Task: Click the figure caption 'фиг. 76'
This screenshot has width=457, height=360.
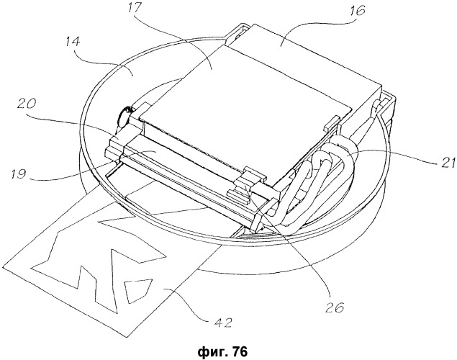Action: [222, 351]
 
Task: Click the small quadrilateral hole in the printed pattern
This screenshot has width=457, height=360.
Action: [137, 290]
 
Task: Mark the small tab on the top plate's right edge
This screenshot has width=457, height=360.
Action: [332, 122]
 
